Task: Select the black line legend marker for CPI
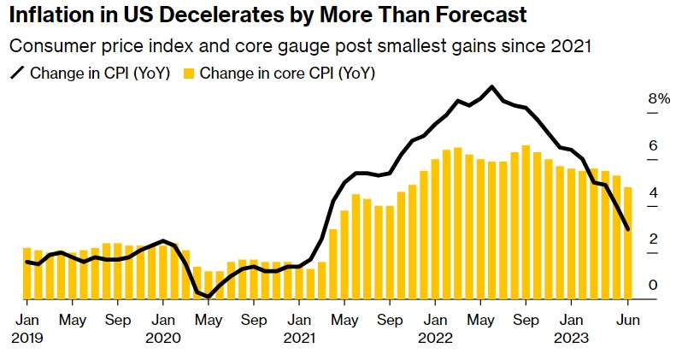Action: click(16, 74)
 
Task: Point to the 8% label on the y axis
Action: click(658, 98)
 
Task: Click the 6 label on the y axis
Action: click(653, 145)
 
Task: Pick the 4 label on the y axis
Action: click(653, 192)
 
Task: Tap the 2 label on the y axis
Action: click(653, 239)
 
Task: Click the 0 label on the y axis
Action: click(653, 285)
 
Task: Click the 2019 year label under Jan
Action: click(26, 338)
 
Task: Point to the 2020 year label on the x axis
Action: click(162, 338)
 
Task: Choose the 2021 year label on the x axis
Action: click(298, 338)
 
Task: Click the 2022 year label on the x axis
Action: click(434, 338)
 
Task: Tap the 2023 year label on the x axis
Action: click(570, 338)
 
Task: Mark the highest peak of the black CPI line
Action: click(491, 86)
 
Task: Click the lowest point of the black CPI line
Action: click(208, 297)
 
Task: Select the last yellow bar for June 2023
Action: click(627, 243)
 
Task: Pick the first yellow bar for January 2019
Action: click(26, 273)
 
